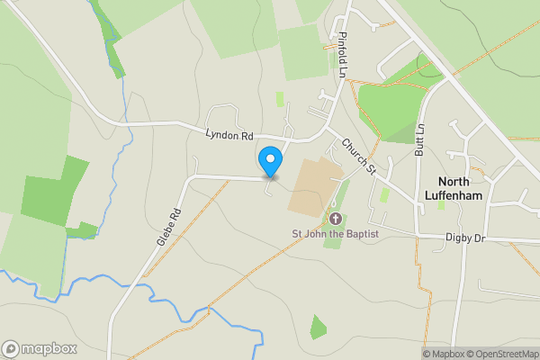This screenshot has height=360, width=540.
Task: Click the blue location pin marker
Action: pos(269,162)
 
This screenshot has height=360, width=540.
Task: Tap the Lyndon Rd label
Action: pos(229,136)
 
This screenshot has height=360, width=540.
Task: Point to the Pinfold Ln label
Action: pos(342,56)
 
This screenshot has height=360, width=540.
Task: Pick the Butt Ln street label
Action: pos(419,139)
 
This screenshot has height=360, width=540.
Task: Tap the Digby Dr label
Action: pos(465,238)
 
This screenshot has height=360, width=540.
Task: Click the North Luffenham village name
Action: pos(460,187)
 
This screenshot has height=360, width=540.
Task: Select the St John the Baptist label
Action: pos(335,234)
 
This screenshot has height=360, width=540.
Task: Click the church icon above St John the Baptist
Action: pos(335,219)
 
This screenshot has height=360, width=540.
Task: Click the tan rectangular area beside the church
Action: pos(314,186)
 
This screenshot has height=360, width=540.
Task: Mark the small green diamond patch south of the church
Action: pos(318,328)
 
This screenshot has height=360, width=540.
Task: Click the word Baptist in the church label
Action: pos(360,234)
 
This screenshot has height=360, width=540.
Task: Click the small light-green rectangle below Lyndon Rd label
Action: pos(280,99)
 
